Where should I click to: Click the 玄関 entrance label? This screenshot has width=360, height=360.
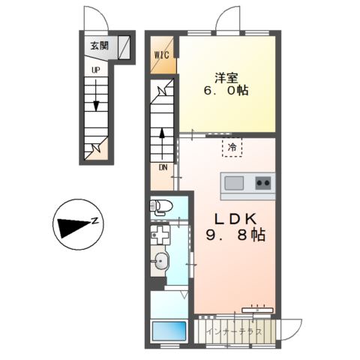[x=100, y=46]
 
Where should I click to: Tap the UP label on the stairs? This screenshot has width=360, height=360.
[x=95, y=70]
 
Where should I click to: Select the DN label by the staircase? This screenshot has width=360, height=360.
[x=163, y=167]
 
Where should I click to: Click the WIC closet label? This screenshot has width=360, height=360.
[x=163, y=55]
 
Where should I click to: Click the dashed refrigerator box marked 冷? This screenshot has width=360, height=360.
[x=232, y=147]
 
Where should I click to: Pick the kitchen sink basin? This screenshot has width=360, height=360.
[x=234, y=182]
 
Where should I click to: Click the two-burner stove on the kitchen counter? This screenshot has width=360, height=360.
[x=263, y=182]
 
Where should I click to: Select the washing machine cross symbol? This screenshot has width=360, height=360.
[x=158, y=235]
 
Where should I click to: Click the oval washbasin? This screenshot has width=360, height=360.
[x=161, y=262]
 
